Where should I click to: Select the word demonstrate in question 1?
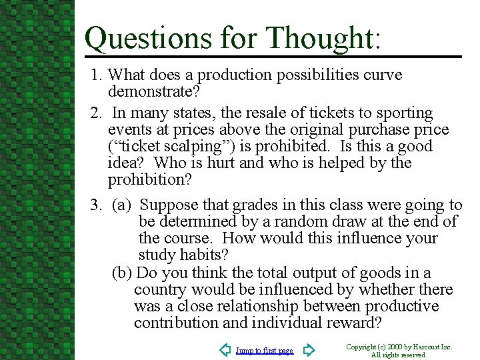tap(153, 91)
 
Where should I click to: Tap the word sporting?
tap(402, 113)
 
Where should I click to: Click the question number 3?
tap(95, 205)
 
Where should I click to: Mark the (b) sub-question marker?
tap(122, 273)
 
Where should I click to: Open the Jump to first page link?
tap(264, 351)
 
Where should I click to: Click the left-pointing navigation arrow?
tap(225, 349)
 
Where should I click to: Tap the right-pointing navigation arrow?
tap(308, 349)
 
